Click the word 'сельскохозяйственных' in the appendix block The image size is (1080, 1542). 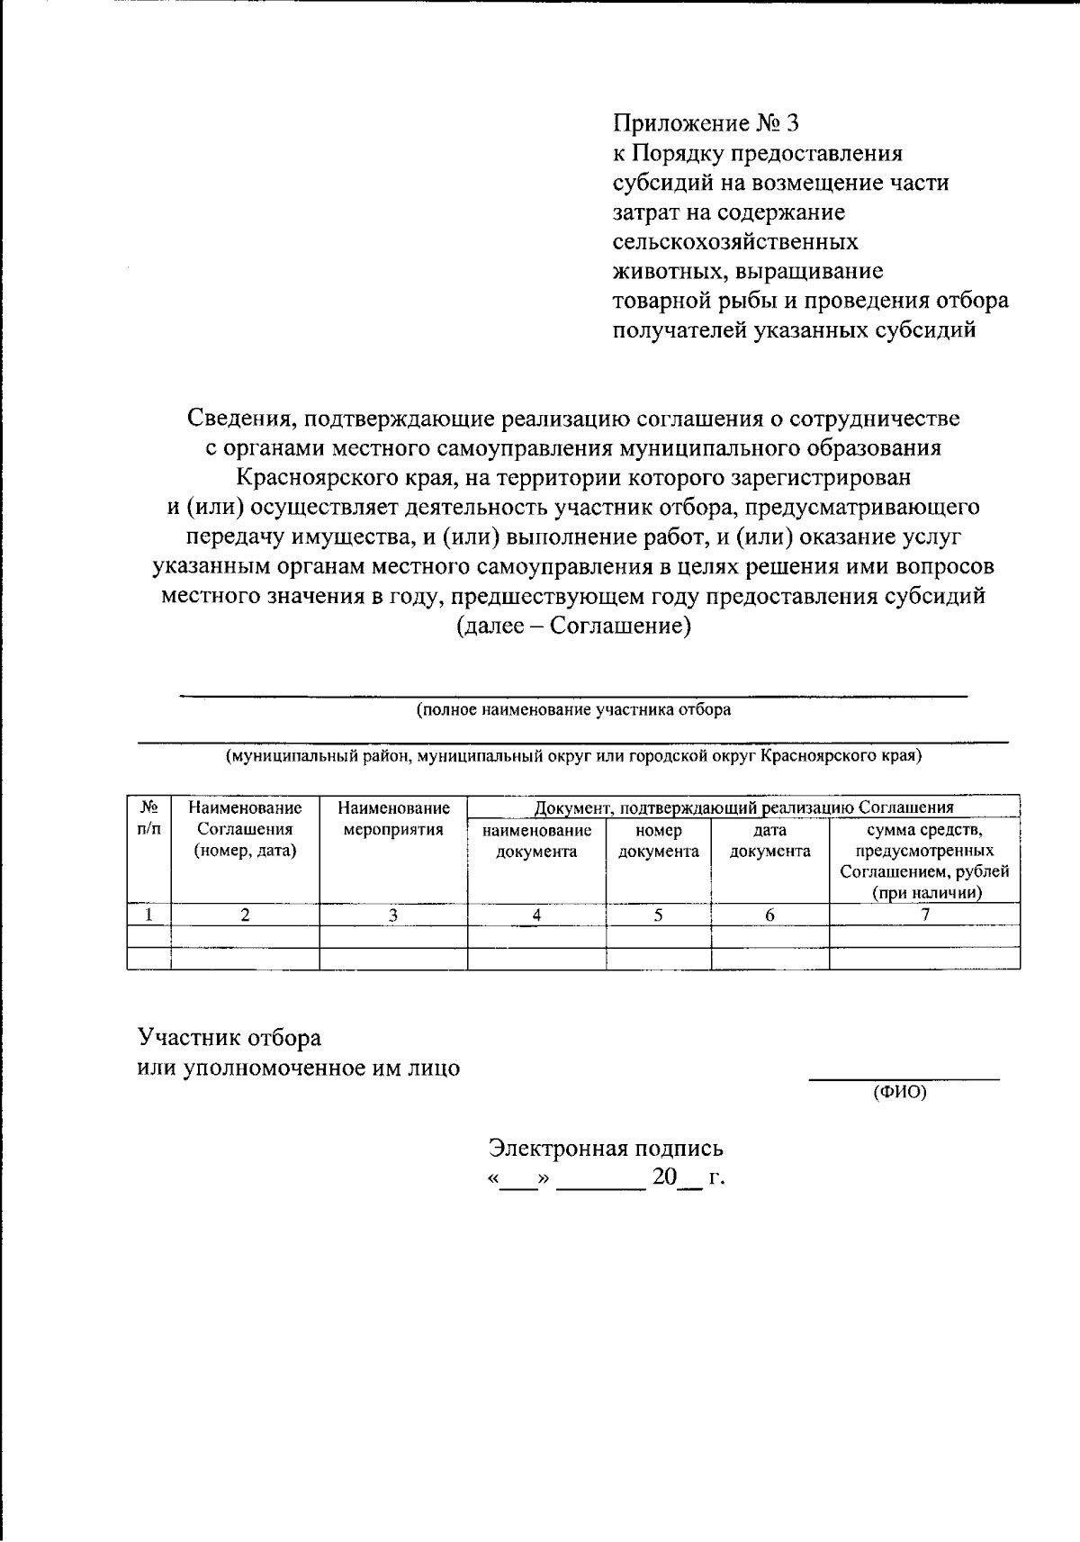point(734,242)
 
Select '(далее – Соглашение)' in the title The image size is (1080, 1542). point(573,626)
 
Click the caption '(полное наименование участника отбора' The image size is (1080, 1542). point(573,710)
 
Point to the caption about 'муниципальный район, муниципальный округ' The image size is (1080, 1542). point(573,756)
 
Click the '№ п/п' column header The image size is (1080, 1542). point(148,818)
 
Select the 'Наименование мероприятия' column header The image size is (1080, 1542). point(393,818)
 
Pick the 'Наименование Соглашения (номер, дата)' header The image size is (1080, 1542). point(245,829)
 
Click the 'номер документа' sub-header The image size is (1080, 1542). point(659,841)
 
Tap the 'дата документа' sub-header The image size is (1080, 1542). point(769,841)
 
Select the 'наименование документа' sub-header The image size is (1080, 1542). point(536,841)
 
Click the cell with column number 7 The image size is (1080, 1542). point(924,915)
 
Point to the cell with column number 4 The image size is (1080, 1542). point(536,915)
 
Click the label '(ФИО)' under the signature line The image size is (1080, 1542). point(899,1093)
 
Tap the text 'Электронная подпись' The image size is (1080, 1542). point(606,1149)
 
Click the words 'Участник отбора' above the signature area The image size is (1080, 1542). point(229,1038)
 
